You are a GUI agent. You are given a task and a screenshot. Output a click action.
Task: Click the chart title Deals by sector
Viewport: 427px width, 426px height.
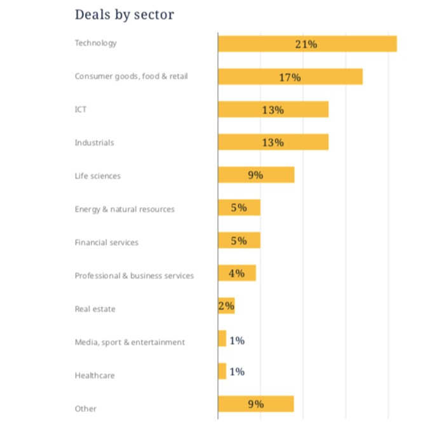124,15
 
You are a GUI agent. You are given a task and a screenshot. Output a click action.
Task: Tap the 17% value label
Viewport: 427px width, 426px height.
290,77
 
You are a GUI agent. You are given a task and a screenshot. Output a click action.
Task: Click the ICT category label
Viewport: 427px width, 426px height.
81,110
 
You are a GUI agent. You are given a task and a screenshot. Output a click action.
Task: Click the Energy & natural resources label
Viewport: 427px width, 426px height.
125,209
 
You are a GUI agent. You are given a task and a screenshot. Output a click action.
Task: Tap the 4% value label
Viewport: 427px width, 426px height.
236,274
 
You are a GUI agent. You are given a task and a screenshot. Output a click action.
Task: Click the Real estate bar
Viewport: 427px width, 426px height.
227,307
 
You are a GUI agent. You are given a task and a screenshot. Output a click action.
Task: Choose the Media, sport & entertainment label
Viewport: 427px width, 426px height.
130,342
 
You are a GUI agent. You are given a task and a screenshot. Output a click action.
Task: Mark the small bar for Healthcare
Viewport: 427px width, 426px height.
222,372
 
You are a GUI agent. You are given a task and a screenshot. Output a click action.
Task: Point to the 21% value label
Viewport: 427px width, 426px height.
306,44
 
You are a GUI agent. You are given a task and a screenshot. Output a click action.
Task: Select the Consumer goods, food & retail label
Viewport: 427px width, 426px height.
131,77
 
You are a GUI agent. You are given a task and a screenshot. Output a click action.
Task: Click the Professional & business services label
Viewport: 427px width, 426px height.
134,276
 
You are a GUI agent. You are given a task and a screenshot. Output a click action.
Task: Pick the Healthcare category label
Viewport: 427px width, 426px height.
95,375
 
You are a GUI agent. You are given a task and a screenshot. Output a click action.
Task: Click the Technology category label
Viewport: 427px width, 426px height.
96,43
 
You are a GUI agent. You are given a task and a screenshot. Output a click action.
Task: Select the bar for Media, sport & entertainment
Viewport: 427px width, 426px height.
222,339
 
